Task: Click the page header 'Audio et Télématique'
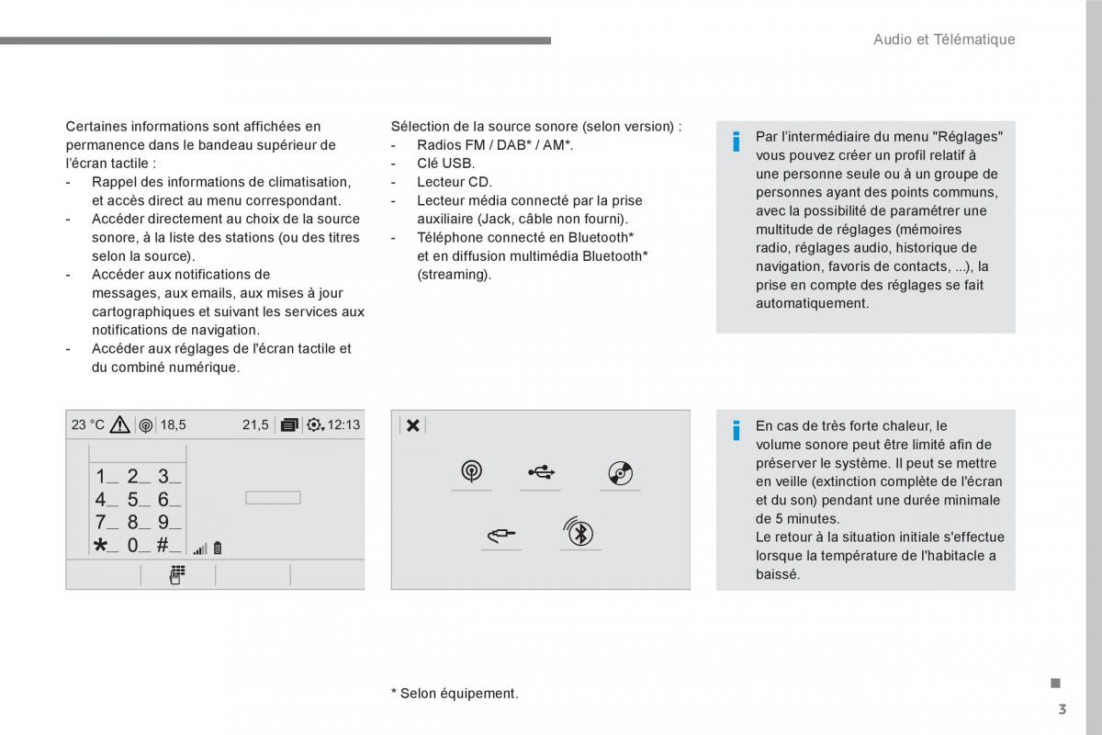[943, 40]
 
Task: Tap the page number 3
[1062, 709]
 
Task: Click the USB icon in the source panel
[541, 472]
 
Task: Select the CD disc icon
[620, 473]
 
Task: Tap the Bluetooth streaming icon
[579, 533]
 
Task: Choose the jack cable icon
[500, 533]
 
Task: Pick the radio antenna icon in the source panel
[471, 472]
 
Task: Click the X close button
[413, 424]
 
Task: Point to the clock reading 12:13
[343, 424]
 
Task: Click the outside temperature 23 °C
[88, 424]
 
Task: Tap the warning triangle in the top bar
[119, 424]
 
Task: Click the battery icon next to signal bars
[218, 548]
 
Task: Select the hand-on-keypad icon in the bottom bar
[177, 575]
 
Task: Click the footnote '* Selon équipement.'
[455, 694]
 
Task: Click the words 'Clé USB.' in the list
[445, 164]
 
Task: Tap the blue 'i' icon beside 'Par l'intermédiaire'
[736, 142]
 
